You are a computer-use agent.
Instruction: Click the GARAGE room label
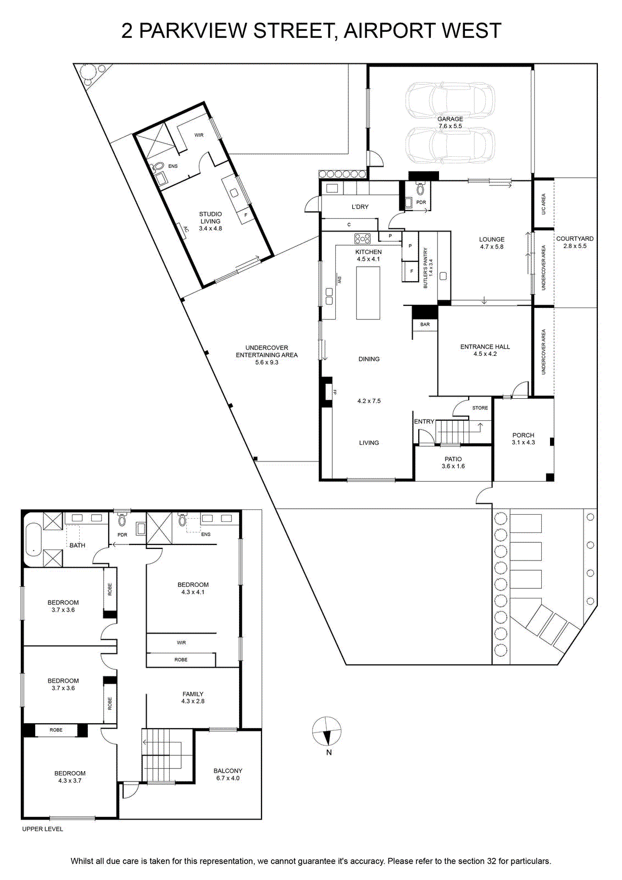pos(450,119)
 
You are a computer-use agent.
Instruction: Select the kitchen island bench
pos(368,293)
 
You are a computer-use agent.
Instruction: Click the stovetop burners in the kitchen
pos(362,239)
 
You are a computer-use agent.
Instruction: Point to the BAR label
pos(425,324)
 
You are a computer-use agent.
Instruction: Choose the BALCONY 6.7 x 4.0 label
pos(227,774)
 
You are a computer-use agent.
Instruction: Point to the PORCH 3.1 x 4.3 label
pos(523,438)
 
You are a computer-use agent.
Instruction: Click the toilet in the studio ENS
pos(158,168)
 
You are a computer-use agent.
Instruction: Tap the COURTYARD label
pos(575,239)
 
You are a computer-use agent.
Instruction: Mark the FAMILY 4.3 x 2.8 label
pos(193,697)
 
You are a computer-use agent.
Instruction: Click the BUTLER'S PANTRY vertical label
pos(427,268)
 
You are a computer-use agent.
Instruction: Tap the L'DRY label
pos(360,207)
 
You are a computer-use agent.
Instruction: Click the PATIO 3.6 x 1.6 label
pos(453,463)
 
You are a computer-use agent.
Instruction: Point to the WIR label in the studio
pos(199,135)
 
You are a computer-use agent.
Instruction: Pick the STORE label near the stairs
pos(480,408)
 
